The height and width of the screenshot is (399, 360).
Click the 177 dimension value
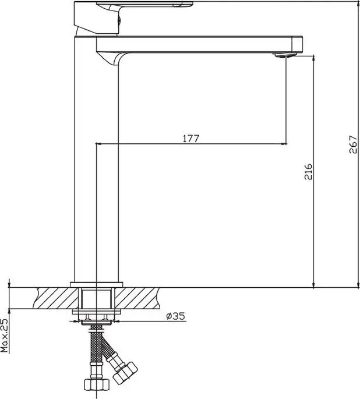(x=191, y=138)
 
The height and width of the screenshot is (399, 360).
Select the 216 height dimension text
(x=309, y=173)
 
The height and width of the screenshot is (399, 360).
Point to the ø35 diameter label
(x=175, y=316)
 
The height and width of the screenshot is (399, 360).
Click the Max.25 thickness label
(x=5, y=335)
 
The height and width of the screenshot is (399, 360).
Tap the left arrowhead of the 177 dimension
(x=98, y=143)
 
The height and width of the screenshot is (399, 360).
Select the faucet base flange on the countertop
(x=97, y=284)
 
